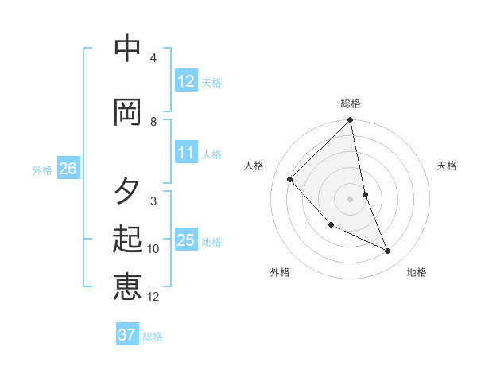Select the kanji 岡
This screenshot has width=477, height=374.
point(127,111)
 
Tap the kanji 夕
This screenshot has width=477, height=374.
point(127,190)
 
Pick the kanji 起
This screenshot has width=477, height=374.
point(127,239)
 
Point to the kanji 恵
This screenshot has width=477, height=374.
point(127,286)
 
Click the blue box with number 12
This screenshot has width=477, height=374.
point(186,81)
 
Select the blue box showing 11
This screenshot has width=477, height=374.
point(186,154)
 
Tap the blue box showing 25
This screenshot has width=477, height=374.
point(186,241)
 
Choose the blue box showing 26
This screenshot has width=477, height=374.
point(68,169)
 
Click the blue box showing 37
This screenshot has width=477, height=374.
point(127,335)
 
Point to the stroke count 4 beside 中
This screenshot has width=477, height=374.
point(153,58)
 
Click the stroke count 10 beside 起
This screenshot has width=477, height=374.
point(153,249)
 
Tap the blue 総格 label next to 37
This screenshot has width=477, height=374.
point(153,337)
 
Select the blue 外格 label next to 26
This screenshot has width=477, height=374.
point(42,169)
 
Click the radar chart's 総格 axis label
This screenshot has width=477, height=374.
point(351,103)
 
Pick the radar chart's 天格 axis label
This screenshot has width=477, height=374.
point(448,166)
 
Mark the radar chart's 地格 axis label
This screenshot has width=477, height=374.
point(417,272)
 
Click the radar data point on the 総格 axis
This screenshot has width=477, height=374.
point(351,120)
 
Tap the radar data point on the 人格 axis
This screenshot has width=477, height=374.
point(290,179)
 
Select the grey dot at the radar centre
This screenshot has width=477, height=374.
point(351,198)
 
